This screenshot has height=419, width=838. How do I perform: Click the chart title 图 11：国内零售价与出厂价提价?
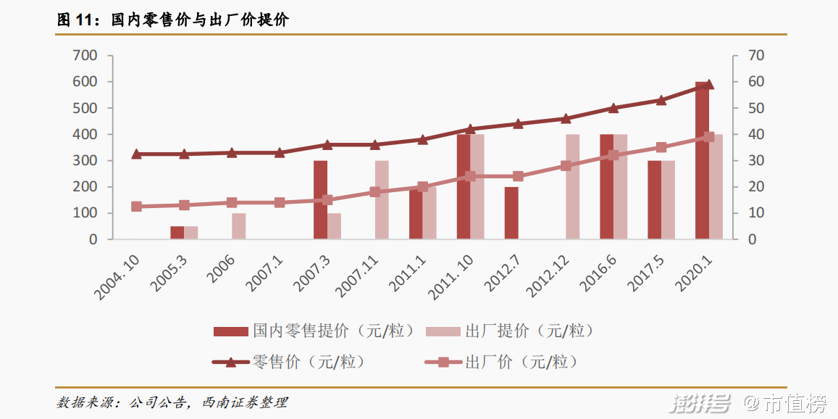[173, 20]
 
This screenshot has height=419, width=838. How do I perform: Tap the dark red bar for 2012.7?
[511, 213]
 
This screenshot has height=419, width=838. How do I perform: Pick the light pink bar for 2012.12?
[573, 186]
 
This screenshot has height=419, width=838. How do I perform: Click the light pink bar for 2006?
[239, 226]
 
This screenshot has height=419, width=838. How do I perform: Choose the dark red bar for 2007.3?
[320, 200]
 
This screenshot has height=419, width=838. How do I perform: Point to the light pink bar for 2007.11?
[382, 200]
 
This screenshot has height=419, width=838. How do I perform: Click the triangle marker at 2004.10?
[136, 154]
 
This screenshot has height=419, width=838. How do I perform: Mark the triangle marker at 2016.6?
[613, 108]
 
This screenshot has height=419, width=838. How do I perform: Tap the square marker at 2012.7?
[518, 176]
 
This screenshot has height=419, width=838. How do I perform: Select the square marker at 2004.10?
[136, 207]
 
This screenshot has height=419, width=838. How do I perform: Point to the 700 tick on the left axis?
[85, 56]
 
